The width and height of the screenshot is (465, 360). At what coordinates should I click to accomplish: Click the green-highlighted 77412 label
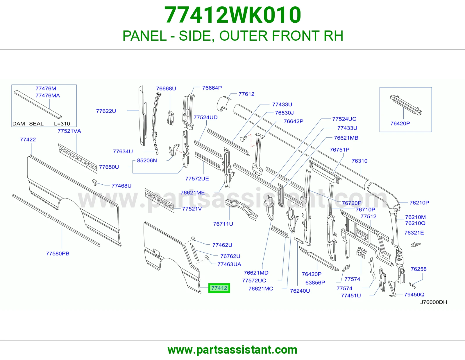click(219, 288)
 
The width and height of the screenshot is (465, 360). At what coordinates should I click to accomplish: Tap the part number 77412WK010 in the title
click(233, 15)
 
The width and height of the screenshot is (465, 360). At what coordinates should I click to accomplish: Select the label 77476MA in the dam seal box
click(48, 96)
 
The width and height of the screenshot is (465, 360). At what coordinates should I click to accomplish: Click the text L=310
click(62, 124)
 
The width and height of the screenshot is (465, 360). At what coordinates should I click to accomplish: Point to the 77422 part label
click(28, 140)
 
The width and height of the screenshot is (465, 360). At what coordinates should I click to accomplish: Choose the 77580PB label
click(58, 253)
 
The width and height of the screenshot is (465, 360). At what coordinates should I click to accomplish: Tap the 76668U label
click(166, 89)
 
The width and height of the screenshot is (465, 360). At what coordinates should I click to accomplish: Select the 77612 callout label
click(246, 94)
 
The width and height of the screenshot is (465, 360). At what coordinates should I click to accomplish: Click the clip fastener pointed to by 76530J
click(244, 139)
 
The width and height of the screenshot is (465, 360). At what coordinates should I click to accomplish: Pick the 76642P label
click(293, 121)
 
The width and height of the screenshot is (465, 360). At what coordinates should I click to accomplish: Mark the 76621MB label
click(346, 138)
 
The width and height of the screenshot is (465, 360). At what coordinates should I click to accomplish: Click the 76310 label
click(360, 161)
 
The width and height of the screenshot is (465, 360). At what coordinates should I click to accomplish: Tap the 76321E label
click(414, 233)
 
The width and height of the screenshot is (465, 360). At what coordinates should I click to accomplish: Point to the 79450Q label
click(414, 295)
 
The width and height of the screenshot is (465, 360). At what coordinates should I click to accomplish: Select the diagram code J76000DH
click(434, 302)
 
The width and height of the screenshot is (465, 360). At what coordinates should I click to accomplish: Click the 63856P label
click(315, 282)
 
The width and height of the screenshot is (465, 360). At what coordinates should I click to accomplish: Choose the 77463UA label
click(229, 264)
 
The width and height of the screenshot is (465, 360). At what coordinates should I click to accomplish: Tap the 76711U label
click(223, 224)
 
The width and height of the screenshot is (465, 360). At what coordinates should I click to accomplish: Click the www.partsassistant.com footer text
click(233, 350)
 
